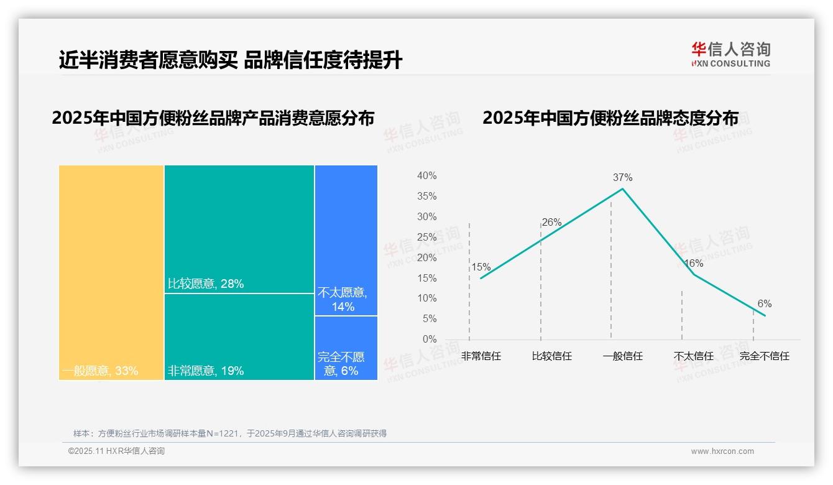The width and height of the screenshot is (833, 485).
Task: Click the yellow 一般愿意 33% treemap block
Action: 111,272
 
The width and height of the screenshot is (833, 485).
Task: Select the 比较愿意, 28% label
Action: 206,284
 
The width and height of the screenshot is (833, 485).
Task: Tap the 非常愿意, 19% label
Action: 206,371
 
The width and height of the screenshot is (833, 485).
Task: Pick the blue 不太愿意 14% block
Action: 346,240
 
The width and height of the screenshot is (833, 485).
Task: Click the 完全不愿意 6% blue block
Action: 346,348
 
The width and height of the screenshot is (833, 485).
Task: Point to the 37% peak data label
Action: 622,177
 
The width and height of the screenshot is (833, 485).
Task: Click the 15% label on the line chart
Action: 481,267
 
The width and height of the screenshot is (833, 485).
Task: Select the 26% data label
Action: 551,222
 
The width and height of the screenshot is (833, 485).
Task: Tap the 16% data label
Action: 693,264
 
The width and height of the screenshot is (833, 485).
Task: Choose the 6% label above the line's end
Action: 764,304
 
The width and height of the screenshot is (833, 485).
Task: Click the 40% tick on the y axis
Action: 426,176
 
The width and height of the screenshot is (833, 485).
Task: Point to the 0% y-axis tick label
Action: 430,339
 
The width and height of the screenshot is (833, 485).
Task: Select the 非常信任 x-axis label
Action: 481,356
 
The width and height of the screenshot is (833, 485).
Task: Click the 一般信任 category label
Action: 622,356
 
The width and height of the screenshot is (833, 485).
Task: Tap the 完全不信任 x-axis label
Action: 764,356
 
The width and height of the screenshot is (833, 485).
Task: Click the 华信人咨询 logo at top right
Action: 730,54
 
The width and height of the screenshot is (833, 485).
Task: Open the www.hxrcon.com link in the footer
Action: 722,451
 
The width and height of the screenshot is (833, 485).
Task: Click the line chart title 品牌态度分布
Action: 610,118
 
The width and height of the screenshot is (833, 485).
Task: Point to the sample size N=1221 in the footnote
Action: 228,433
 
